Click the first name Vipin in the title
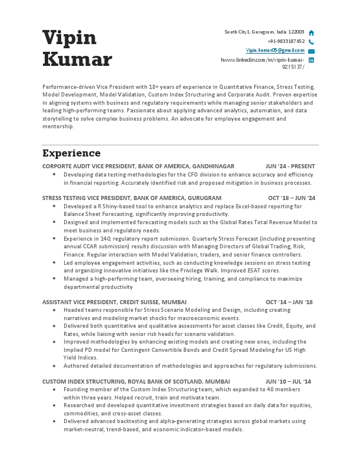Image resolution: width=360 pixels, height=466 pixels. point(69,37)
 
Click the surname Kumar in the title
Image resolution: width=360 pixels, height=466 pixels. point(77,59)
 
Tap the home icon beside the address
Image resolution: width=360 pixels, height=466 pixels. point(311,33)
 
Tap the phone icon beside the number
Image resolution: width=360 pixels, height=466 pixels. point(311,42)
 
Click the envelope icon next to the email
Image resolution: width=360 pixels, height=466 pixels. point(311,51)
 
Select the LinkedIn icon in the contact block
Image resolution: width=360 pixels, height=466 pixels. point(311,60)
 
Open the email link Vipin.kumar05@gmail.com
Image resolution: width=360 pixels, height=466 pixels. point(275,51)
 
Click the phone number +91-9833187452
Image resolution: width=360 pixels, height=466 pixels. point(286,42)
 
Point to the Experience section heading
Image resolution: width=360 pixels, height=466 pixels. point(71,154)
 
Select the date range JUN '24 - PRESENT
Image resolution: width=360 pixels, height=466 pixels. point(290,167)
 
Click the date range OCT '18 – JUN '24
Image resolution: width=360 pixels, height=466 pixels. point(291,198)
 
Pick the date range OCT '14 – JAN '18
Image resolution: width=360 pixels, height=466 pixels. point(289,302)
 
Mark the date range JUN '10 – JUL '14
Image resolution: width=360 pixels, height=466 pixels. point(289,381)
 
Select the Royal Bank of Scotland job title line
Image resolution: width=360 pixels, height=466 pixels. point(128,381)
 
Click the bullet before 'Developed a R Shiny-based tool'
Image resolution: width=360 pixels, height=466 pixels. point(54,207)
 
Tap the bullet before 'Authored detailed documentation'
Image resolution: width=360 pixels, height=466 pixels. point(54,365)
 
